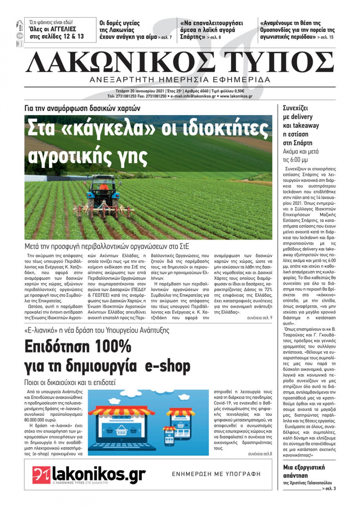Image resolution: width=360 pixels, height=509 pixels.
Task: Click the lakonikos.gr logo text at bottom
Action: (99, 474)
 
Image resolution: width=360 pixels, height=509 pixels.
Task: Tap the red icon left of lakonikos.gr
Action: (41, 474)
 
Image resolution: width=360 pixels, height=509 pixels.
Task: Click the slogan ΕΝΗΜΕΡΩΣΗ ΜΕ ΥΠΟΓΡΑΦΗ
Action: (216, 474)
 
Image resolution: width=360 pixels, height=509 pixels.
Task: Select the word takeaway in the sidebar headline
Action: (306, 126)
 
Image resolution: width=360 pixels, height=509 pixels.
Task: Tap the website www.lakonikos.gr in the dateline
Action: (236, 96)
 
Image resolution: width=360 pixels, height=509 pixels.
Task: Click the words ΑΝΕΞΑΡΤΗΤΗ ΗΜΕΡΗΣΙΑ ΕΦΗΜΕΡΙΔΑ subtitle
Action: (180, 79)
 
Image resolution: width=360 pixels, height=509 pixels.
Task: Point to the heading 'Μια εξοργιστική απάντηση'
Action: (304, 471)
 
